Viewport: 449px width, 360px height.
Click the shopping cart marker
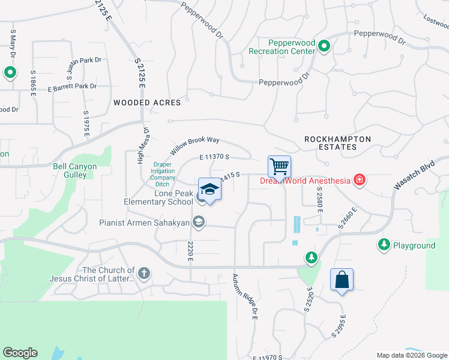(x=279, y=166)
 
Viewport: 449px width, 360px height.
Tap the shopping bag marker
(x=342, y=280)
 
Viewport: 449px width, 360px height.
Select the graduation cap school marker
(x=209, y=189)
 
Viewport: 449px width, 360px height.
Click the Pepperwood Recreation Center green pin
(x=324, y=46)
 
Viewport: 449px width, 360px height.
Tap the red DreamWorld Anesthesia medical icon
(x=360, y=180)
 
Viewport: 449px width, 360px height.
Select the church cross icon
(x=143, y=274)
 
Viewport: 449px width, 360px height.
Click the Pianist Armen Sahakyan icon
(x=199, y=223)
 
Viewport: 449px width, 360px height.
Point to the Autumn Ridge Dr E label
(x=245, y=296)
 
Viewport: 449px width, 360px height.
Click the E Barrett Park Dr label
(x=72, y=87)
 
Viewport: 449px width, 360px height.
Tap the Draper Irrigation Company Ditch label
(x=164, y=175)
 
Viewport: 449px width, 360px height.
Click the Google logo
(x=20, y=353)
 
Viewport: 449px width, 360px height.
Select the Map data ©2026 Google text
(x=411, y=355)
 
